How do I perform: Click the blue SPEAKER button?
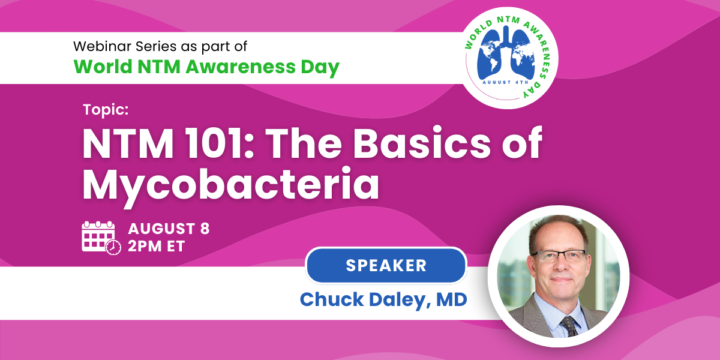coord(386,265)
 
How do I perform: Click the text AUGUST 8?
coord(169,229)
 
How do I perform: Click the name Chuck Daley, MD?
coord(383,299)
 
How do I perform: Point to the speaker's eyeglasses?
coord(557,256)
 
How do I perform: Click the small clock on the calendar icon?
coord(113,247)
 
